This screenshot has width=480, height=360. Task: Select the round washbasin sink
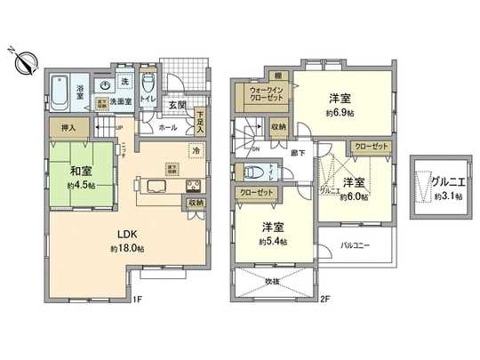click(x=106, y=85)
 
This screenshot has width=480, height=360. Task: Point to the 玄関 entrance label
click(x=176, y=105)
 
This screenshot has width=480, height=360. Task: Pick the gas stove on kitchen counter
click(x=190, y=186)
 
